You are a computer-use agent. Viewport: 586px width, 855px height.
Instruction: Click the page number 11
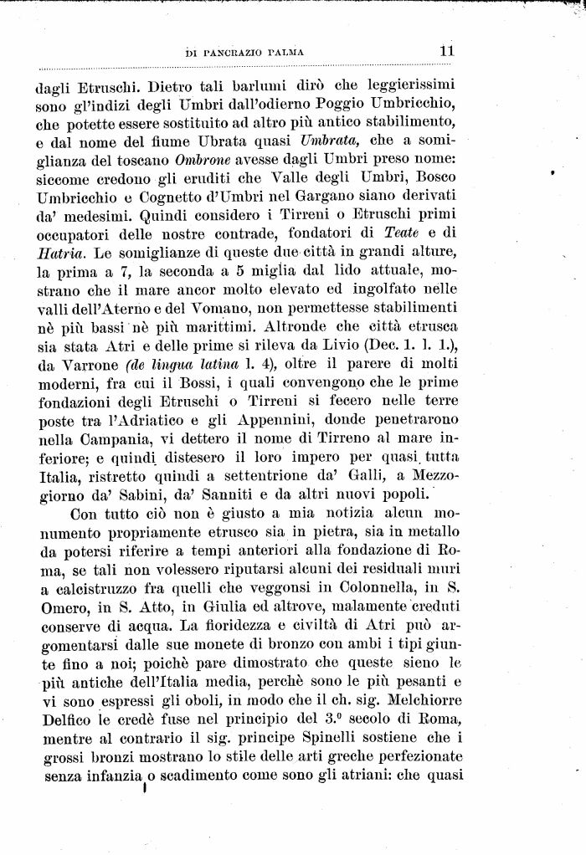(x=446, y=50)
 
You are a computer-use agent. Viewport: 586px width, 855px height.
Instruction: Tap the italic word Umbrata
(x=332, y=140)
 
